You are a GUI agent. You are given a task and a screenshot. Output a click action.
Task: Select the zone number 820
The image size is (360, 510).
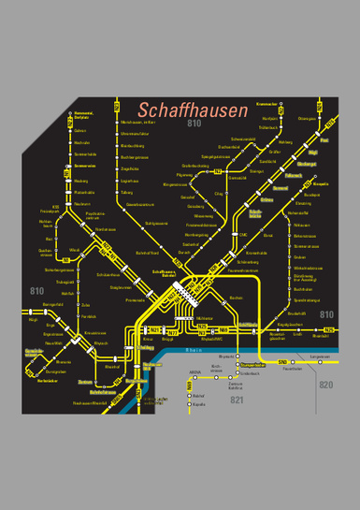tap(325, 385)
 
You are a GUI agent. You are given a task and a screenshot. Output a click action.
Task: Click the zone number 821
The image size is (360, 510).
tap(237, 401)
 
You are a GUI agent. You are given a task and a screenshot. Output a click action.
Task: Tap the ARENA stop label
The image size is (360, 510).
tap(195, 372)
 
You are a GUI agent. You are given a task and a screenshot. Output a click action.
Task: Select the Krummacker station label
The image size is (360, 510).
tap(267, 104)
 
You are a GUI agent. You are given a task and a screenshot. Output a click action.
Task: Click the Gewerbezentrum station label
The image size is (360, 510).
tap(140, 204)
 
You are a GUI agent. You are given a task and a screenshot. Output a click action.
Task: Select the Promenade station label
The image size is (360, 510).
tap(136, 300)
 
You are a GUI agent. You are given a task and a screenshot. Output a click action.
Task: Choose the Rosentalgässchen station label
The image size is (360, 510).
tap(278, 336)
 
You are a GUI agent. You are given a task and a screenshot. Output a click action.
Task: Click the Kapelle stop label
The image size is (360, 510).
tap(198, 405)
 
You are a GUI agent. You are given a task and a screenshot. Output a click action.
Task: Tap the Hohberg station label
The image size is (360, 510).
tap(286, 143)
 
